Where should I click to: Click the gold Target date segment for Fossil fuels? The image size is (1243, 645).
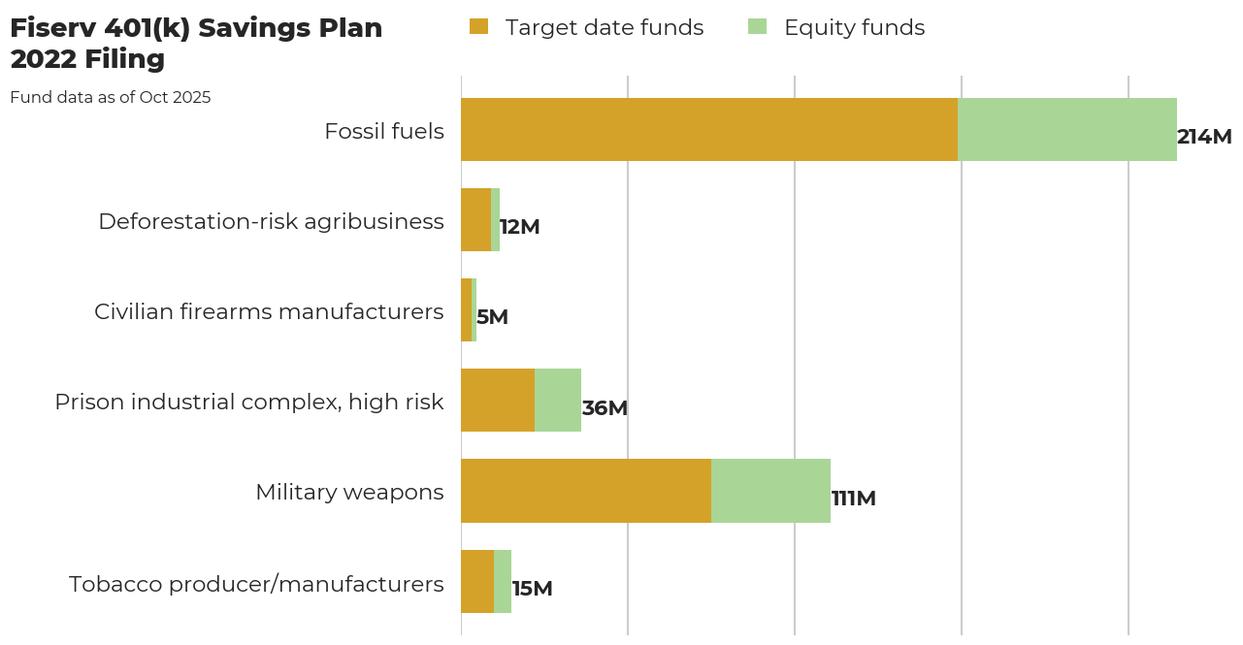709,129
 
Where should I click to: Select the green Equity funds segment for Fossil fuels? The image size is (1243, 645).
1067,129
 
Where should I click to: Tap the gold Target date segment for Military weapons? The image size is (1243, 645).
586,491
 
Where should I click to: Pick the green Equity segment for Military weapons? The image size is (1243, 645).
770,491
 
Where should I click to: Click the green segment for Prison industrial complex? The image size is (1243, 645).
558,401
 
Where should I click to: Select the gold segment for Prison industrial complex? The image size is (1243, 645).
498,401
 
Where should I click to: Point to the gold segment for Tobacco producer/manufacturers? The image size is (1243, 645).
477,581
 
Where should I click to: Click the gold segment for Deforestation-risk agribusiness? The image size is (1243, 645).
475,220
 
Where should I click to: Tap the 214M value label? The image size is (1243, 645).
1204,137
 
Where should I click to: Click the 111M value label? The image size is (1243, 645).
854,499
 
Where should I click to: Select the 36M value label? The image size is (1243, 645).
605,408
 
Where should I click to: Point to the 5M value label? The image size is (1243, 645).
492,317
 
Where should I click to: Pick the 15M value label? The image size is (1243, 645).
532,589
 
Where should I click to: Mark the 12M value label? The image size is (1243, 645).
519,227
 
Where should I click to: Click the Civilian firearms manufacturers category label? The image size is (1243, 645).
269,311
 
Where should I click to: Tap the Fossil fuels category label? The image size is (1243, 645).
384,131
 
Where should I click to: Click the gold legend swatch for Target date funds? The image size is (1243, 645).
478,27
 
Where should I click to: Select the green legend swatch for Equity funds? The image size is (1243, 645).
757,27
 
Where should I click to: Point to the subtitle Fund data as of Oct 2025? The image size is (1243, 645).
111,97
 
